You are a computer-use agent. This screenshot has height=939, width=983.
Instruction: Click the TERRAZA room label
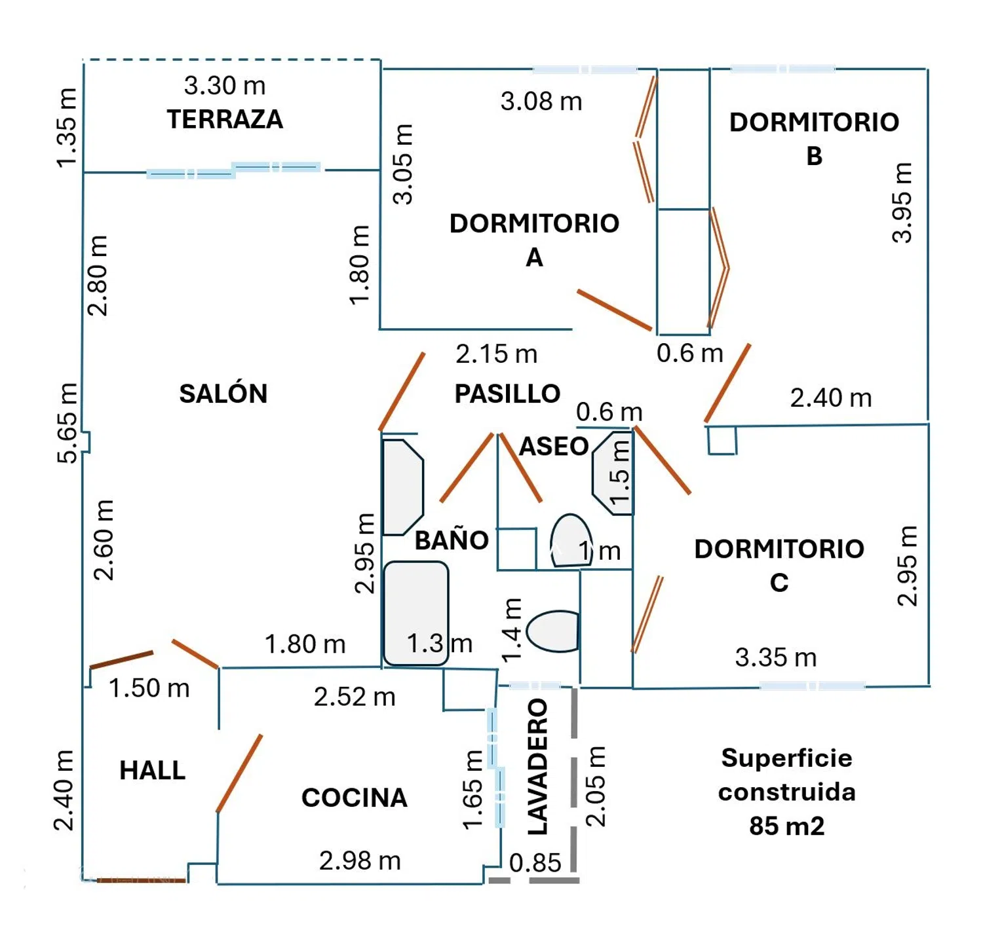coord(225,119)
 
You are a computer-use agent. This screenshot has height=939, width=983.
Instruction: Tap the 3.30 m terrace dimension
coord(225,86)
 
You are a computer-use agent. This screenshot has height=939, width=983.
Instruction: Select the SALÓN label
coord(223,394)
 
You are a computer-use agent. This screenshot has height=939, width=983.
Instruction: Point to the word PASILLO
coord(507,394)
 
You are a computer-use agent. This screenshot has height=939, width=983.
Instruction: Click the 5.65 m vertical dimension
coord(67,423)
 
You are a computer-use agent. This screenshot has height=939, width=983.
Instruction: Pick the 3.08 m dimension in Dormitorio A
coord(541,101)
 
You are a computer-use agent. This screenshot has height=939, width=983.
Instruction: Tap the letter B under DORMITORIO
coord(814,156)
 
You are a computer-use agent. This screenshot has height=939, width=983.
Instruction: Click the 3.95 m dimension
coord(902,203)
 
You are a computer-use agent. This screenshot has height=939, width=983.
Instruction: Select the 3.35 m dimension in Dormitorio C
coord(776,657)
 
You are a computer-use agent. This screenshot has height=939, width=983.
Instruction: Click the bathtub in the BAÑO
coord(415,613)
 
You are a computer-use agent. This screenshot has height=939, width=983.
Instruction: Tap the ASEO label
coord(554,447)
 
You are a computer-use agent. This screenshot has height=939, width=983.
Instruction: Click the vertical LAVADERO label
coord(538,767)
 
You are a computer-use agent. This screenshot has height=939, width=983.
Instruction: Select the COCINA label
coord(355,798)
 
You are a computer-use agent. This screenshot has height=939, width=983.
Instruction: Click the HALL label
coord(152,771)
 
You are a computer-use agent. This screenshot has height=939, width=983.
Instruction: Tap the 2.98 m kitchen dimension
coord(360,860)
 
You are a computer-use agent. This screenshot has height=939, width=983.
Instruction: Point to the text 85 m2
coord(786,826)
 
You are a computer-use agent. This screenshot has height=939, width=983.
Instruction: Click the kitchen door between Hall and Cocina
coord(239,773)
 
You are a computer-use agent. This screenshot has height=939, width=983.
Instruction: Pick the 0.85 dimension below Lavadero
coord(535,863)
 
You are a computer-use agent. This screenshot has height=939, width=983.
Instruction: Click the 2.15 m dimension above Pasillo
coord(497,354)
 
